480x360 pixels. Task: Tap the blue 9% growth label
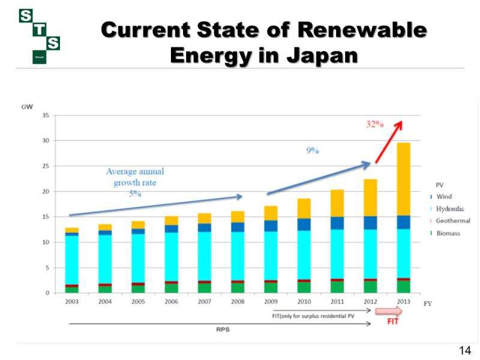click(312, 151)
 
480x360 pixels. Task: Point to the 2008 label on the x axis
click(238, 301)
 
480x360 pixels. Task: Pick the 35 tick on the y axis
click(46, 115)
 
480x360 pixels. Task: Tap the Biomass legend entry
click(448, 233)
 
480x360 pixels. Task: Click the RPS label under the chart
click(223, 329)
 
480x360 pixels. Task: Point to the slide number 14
click(464, 350)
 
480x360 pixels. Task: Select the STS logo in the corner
click(40, 36)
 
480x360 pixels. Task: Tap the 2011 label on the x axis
click(337, 301)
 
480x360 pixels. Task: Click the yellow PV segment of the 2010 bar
click(304, 208)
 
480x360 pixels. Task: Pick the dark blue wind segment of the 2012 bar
click(370, 223)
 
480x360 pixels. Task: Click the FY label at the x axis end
click(428, 304)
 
